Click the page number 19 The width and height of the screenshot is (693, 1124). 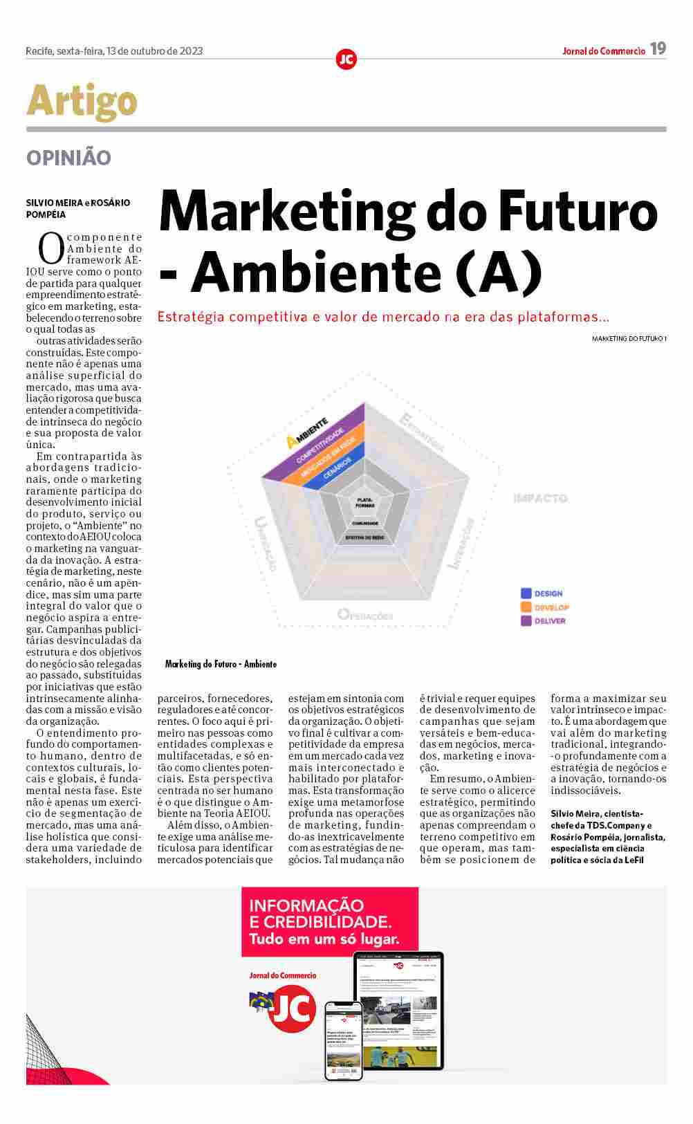click(x=658, y=48)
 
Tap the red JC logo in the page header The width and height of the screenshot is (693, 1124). click(x=346, y=59)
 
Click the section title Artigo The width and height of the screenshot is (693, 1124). click(x=82, y=101)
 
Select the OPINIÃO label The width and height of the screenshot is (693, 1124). click(x=68, y=158)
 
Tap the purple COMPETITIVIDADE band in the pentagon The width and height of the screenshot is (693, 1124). click(x=320, y=445)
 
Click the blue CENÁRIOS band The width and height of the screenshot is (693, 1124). click(x=338, y=472)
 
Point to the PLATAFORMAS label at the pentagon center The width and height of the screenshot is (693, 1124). click(x=365, y=503)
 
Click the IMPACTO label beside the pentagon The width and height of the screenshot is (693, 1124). click(x=540, y=498)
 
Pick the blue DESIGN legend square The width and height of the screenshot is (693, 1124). click(x=526, y=593)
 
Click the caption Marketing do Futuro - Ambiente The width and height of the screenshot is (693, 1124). click(x=221, y=664)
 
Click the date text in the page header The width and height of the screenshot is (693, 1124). click(x=114, y=50)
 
